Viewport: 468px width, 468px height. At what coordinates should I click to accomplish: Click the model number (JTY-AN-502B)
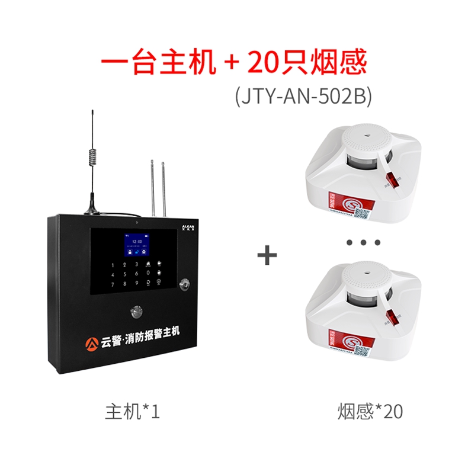coord(303,97)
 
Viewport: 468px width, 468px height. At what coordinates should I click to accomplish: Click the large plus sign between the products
coord(267,256)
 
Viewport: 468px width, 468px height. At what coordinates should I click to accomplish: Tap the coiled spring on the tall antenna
coord(92,156)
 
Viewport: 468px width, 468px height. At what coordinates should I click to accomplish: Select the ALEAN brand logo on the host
coord(188,227)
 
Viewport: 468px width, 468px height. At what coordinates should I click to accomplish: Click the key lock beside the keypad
coord(186,283)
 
